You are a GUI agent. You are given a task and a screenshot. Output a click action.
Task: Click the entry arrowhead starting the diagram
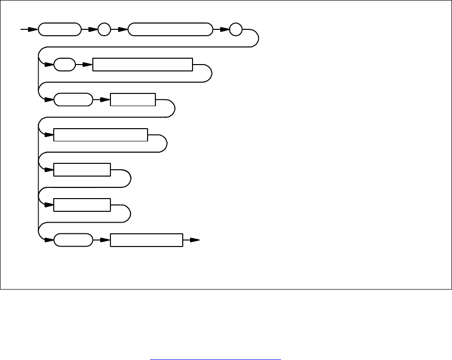tap(31, 29)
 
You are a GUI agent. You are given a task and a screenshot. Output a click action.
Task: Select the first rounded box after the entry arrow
tap(60, 29)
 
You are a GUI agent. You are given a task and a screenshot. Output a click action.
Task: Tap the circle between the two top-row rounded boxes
tap(105, 29)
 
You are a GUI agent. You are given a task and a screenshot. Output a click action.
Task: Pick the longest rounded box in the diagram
tap(170, 29)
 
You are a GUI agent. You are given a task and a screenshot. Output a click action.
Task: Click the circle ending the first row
tap(236, 29)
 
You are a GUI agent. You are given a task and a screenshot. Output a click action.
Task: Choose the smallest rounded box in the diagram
tap(65, 65)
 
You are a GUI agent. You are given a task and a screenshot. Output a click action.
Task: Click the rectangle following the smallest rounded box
tap(142, 65)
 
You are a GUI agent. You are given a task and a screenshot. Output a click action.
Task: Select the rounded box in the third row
tap(73, 100)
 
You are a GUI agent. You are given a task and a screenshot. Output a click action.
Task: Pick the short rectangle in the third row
tap(132, 100)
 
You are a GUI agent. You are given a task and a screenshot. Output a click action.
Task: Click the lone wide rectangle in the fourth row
tap(100, 135)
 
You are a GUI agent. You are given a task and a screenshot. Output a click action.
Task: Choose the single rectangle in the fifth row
tap(82, 170)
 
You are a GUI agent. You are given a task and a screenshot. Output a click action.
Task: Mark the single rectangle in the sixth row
tap(82, 205)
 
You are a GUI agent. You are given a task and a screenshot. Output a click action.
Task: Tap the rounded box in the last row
tap(73, 241)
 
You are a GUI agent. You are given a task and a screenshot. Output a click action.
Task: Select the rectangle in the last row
tap(146, 241)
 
